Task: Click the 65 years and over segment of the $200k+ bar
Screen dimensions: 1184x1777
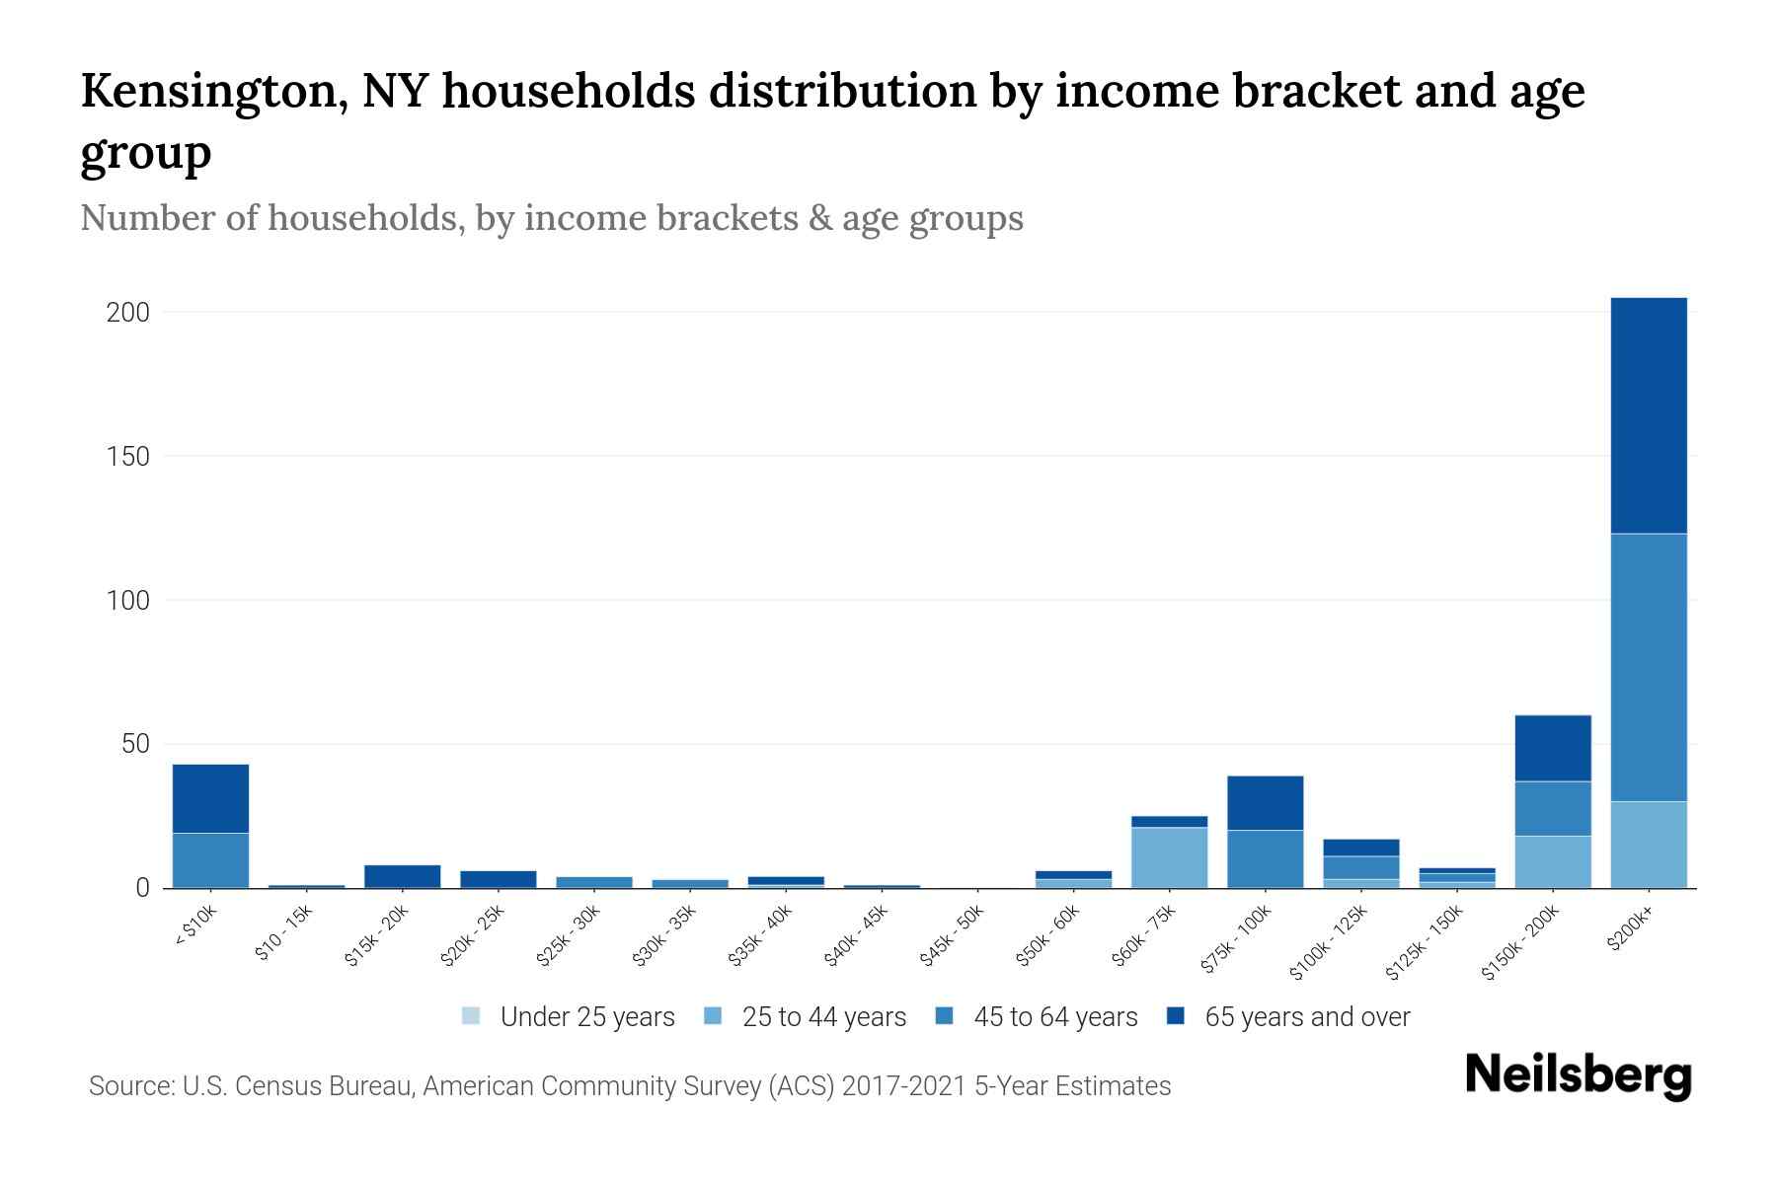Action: click(1649, 414)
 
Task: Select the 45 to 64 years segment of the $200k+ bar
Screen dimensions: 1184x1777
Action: click(1649, 667)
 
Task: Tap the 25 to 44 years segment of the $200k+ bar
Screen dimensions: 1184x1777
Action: click(1649, 845)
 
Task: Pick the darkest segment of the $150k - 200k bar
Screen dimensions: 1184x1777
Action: click(1553, 748)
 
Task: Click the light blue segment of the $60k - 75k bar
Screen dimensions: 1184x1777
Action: click(1169, 856)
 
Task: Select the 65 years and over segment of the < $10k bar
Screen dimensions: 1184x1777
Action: click(210, 798)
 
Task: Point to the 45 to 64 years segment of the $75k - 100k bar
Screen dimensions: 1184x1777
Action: click(1265, 858)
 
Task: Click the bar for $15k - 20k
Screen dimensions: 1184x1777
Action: click(402, 876)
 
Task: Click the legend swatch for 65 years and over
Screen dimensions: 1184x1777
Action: click(1175, 1015)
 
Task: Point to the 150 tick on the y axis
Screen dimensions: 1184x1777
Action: click(128, 456)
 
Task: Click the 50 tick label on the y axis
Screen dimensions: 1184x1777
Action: click(135, 744)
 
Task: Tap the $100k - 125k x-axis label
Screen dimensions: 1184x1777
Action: click(1329, 942)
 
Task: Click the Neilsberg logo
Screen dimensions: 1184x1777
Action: click(1578, 1075)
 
